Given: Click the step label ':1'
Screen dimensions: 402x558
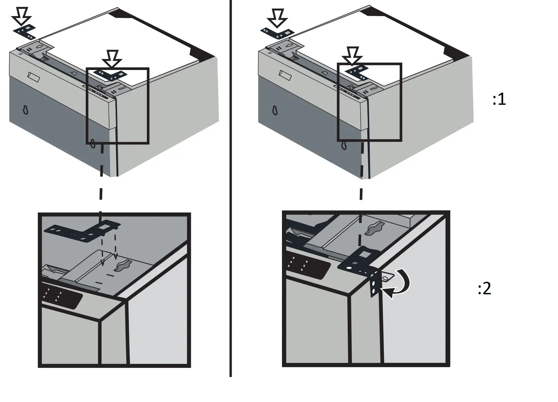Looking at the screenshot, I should tap(499, 99).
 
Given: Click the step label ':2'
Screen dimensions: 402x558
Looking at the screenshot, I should tap(484, 289).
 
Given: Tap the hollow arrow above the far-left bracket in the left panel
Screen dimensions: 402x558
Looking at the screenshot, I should tap(21, 16).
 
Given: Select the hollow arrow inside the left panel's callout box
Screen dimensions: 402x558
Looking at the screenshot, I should tap(112, 58).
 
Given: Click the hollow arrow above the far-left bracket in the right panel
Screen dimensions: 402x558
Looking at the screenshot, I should tap(276, 17).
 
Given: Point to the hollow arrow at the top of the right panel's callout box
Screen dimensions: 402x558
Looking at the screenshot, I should tap(352, 55).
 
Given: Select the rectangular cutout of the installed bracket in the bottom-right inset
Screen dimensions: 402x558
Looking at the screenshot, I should tap(365, 254).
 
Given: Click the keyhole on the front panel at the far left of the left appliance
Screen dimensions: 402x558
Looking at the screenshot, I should tap(25, 110).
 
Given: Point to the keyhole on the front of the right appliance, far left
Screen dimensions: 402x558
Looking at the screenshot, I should tap(275, 111).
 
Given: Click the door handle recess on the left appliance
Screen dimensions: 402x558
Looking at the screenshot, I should tap(34, 77).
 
